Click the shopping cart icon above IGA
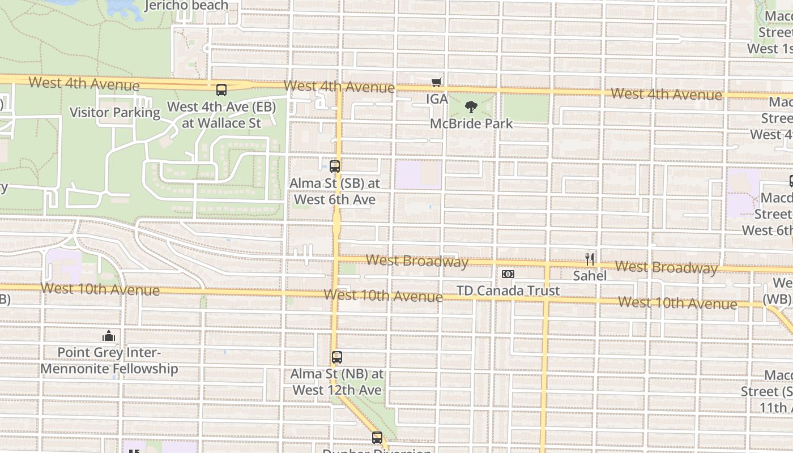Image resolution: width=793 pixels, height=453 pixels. tap(436, 83)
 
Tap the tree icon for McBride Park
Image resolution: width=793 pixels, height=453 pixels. tap(471, 107)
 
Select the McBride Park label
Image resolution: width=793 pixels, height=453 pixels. tap(471, 123)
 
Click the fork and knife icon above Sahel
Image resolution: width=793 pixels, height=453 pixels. tap(590, 259)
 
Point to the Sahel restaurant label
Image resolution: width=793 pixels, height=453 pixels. tap(590, 276)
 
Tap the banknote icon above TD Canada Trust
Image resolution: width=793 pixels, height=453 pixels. tap(508, 274)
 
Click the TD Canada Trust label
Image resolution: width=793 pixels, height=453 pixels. tap(508, 290)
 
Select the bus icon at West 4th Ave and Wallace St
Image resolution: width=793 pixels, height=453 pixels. tap(221, 89)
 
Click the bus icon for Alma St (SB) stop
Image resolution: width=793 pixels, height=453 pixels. tap(335, 166)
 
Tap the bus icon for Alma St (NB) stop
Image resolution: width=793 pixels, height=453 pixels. tap(337, 357)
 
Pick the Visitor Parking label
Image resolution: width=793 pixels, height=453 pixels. tap(115, 112)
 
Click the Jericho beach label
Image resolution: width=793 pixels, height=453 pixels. tap(186, 6)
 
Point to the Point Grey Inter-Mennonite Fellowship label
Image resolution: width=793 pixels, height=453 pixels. tap(109, 361)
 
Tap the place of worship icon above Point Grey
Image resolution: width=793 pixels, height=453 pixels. tap(109, 336)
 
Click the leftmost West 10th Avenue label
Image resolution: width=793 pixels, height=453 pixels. tap(100, 289)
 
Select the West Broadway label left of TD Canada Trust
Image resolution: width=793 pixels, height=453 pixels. tap(417, 260)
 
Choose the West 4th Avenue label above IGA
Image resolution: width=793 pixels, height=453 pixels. tap(339, 87)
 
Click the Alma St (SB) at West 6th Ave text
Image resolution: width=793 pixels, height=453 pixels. tap(335, 191)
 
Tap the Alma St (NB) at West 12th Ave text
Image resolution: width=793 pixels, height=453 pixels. tap(337, 382)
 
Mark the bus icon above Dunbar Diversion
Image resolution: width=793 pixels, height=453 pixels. tap(377, 438)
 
